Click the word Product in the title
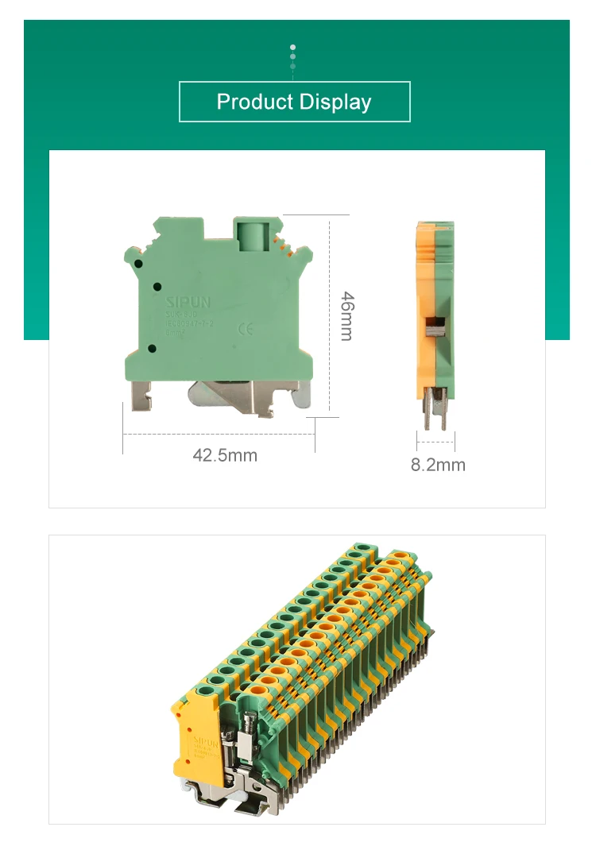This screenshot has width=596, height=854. [x=254, y=102]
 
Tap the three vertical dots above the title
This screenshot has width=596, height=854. [x=292, y=56]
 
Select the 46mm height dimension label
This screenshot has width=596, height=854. [x=346, y=316]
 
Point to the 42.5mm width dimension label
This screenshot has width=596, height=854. [x=225, y=455]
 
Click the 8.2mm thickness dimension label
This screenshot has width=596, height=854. [x=438, y=465]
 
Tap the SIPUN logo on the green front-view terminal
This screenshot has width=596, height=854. [x=188, y=302]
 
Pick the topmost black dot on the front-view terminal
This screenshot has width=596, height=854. [x=138, y=263]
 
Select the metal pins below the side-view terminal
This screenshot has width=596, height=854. [x=435, y=409]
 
